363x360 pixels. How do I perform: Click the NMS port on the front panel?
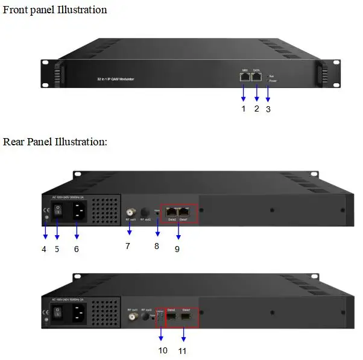245,77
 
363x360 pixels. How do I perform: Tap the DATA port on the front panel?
257,77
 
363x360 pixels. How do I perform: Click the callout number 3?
268,109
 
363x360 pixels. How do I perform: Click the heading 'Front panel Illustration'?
55,10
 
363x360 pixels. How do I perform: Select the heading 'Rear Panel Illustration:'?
55,142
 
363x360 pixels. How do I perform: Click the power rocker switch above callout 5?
57,210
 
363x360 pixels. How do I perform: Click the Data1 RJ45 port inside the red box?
185,212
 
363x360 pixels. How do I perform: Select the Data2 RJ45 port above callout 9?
172,212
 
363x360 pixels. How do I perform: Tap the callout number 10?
163,350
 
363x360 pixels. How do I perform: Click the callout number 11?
184,350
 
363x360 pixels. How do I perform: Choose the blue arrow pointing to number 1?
244,93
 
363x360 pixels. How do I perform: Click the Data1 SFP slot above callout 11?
186,315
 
